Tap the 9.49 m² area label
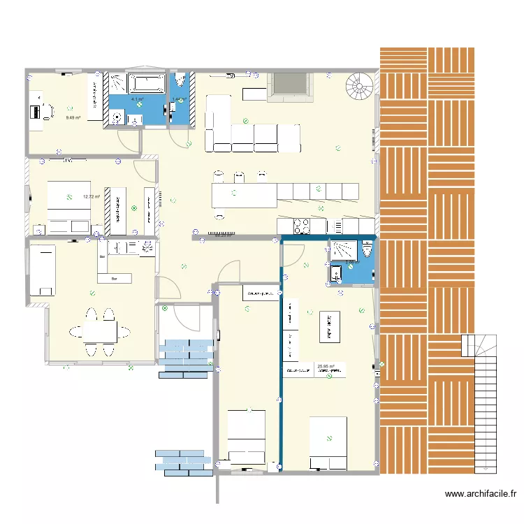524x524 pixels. [x=73, y=117]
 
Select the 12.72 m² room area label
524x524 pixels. [x=92, y=197]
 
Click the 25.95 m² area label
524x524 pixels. [x=326, y=366]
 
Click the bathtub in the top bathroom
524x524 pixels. [x=146, y=83]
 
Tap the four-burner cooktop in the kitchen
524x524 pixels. [x=301, y=226]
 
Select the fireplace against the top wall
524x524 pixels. [x=290, y=87]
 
